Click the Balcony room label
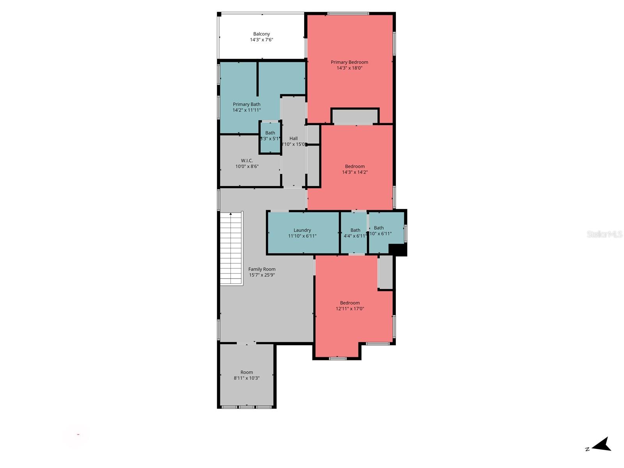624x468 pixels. pyautogui.click(x=261, y=34)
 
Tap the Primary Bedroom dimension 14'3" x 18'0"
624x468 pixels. pyautogui.click(x=349, y=68)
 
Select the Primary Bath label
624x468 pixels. pyautogui.click(x=246, y=104)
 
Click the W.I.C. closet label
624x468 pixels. pyautogui.click(x=247, y=161)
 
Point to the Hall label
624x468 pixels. pyautogui.click(x=293, y=138)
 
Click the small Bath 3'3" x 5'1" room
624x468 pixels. pyautogui.click(x=270, y=137)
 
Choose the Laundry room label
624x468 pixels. pyautogui.click(x=302, y=230)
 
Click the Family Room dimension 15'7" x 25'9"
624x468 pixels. pyautogui.click(x=262, y=275)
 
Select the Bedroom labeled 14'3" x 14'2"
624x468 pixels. pyautogui.click(x=355, y=169)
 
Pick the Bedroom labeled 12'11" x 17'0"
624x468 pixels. pyautogui.click(x=350, y=306)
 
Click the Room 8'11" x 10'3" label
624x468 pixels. pyautogui.click(x=246, y=372)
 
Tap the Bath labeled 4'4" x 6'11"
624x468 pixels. pyautogui.click(x=355, y=233)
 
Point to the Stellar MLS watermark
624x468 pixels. pyautogui.click(x=604, y=234)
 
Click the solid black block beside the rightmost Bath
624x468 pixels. pyautogui.click(x=398, y=250)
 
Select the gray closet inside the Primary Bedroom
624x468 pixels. pyautogui.click(x=355, y=116)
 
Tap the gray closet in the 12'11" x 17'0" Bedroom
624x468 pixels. pyautogui.click(x=385, y=272)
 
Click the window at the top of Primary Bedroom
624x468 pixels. pyautogui.click(x=348, y=14)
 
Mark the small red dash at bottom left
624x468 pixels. pyautogui.click(x=78, y=434)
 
